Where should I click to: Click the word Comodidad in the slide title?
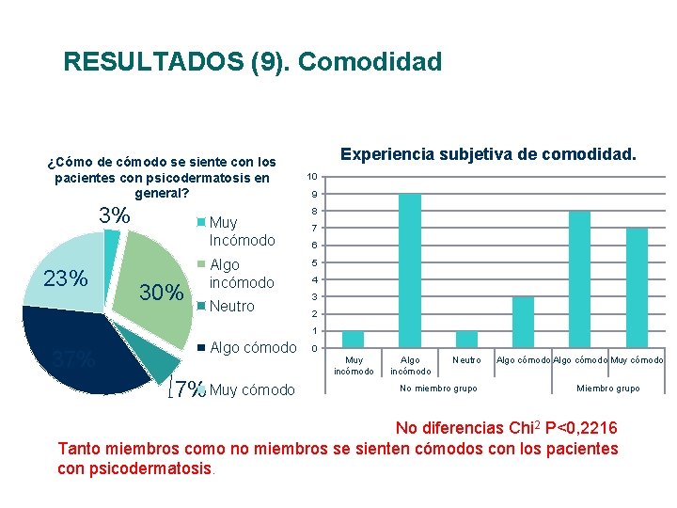coord(373,63)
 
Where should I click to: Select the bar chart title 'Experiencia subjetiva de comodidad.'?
coord(488,152)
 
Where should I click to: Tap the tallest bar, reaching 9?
coord(410,271)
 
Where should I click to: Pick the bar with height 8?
coord(579,279)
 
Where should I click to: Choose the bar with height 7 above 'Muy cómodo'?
coord(637,288)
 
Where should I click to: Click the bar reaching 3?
coord(523,322)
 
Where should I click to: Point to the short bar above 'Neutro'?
coord(466,339)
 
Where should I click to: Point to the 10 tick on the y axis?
coord(314,177)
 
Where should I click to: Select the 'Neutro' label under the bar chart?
coord(466,360)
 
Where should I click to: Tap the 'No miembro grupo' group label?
coord(438,389)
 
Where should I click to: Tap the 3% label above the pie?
coord(115,215)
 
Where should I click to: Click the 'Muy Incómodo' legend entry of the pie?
coord(241,231)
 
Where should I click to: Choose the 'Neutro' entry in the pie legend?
coord(231,306)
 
